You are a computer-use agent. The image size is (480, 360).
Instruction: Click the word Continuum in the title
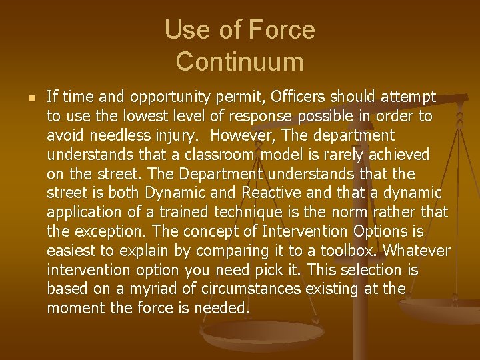(239, 61)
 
